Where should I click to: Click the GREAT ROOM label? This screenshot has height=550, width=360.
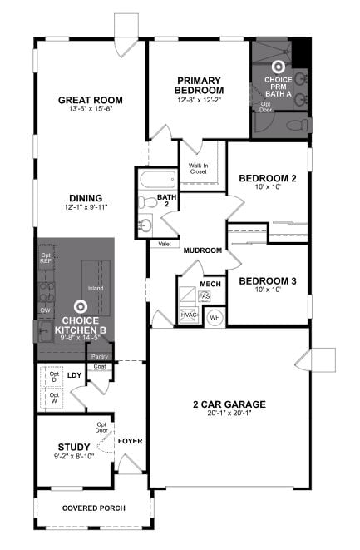(x=91, y=100)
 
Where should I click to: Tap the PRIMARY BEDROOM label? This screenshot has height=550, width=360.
(x=200, y=85)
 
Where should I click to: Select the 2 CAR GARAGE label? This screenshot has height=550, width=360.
(x=229, y=404)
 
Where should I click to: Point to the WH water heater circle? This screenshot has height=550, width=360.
(x=215, y=317)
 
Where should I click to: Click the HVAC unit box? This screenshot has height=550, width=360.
(x=188, y=315)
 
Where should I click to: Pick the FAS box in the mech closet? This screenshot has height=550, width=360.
(x=204, y=296)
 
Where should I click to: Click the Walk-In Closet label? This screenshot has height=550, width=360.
(x=198, y=168)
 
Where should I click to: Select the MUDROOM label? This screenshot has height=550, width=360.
(x=203, y=250)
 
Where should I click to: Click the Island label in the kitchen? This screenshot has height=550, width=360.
(x=96, y=289)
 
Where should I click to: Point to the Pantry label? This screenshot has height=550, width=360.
(x=99, y=356)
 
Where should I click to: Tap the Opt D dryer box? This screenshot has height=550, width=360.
(x=54, y=377)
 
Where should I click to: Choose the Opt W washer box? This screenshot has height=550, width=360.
(x=54, y=399)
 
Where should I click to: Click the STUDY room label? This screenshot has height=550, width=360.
(x=73, y=446)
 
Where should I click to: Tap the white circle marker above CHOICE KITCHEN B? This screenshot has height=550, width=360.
(x=81, y=307)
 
